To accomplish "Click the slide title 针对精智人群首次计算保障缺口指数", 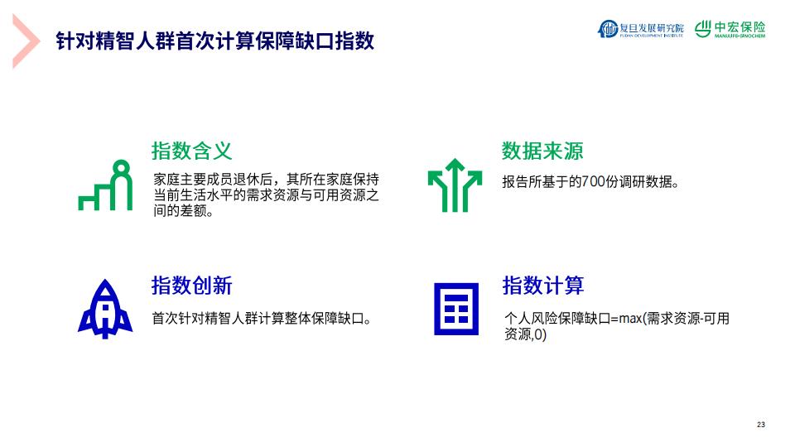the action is [215, 41].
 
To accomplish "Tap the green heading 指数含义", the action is [191, 151].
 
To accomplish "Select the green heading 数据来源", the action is [542, 151].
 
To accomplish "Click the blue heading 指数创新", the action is [191, 286].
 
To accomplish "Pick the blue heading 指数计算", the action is [543, 286].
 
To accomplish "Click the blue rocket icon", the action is [105, 308].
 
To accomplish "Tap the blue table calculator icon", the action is [456, 309].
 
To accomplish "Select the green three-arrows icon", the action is [455, 185].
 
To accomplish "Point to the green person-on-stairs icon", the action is [105, 185].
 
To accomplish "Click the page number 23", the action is [761, 425].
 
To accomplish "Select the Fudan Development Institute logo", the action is [641, 28].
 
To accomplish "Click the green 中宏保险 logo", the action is [730, 28].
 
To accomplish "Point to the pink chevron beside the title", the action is [26, 41].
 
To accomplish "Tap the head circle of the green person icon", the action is [121, 167].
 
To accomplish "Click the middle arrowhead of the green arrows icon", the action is [455, 166].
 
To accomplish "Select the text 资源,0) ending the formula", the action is [525, 334].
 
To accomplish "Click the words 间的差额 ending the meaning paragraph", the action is [183, 211].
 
